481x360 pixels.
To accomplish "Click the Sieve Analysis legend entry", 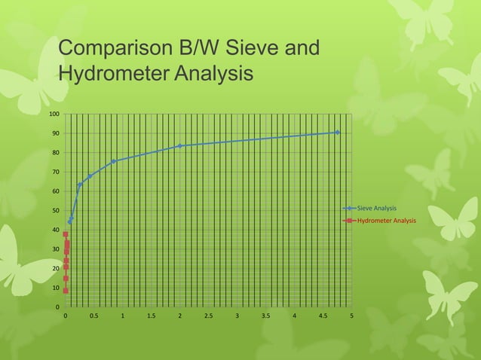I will click(376, 207).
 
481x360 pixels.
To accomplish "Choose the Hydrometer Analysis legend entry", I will click(386, 221).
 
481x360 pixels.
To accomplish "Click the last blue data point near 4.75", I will click(338, 133).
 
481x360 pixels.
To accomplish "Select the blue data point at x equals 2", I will click(180, 145).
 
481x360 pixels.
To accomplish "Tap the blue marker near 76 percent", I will click(114, 161).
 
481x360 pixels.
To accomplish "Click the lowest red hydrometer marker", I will click(66, 291).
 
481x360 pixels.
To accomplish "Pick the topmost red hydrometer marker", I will click(66, 234).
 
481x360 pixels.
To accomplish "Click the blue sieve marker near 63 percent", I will click(80, 185).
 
